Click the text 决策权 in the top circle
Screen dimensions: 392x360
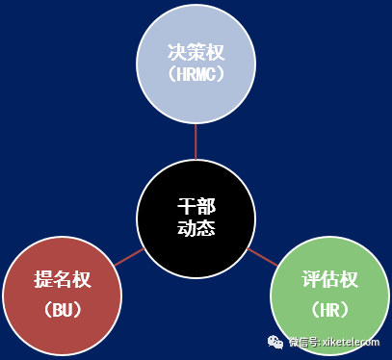pos(196,52)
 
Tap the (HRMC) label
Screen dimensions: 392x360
pos(196,74)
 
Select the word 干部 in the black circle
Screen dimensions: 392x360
pos(196,206)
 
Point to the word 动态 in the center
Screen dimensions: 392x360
pos(196,227)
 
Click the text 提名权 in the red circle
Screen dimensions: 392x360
pos(63,279)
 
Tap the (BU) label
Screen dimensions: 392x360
pos(63,310)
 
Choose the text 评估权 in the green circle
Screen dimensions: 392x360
pos(329,279)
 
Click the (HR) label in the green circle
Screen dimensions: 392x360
pos(329,310)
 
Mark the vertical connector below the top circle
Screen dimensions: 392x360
pos(196,141)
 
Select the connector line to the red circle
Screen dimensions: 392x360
pos(129,257)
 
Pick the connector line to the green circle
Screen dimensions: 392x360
pos(262,257)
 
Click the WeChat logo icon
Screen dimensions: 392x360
pos(275,342)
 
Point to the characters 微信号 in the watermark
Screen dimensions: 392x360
pos(303,342)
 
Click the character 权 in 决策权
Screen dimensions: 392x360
pos(215,52)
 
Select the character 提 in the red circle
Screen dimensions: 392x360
pos(43,279)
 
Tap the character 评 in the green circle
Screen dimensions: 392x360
pos(311,279)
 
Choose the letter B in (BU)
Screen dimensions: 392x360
pos(58,310)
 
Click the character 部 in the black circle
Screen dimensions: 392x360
pos(206,206)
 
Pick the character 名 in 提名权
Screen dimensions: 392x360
pos(63,279)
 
